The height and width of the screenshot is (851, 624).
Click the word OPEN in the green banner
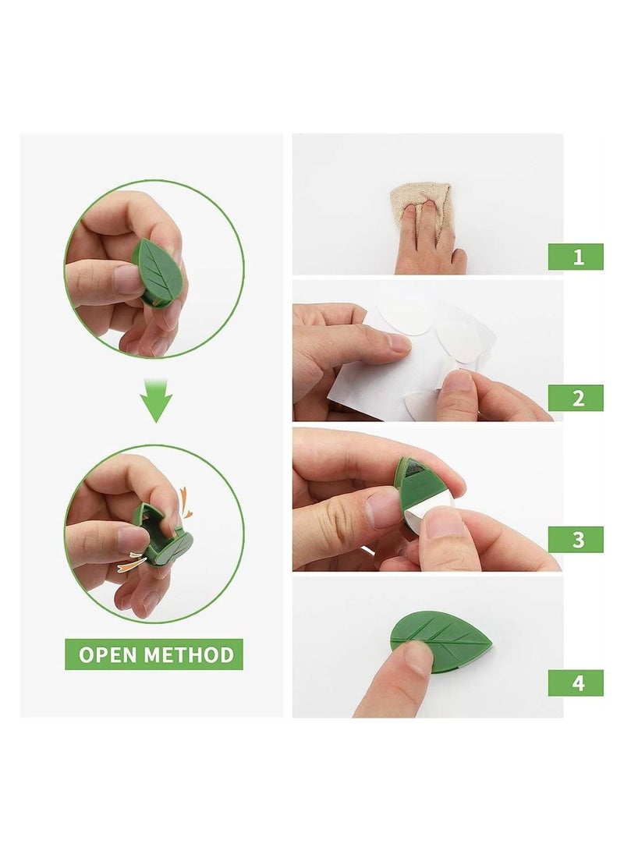(111, 654)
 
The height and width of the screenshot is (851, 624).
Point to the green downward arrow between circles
(156, 399)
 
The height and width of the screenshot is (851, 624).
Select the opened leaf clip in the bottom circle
(162, 534)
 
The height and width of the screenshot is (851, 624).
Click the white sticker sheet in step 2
(367, 374)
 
